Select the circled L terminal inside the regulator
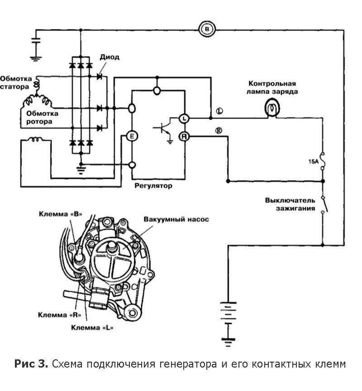pyautogui.click(x=184, y=118)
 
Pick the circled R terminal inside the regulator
pyautogui.click(x=184, y=135)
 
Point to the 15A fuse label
pyautogui.click(x=314, y=161)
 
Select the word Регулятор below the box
pyautogui.click(x=153, y=186)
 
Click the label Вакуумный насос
pyautogui.click(x=176, y=220)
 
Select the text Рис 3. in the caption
pyautogui.click(x=31, y=364)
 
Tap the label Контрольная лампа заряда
pyautogui.click(x=272, y=87)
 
